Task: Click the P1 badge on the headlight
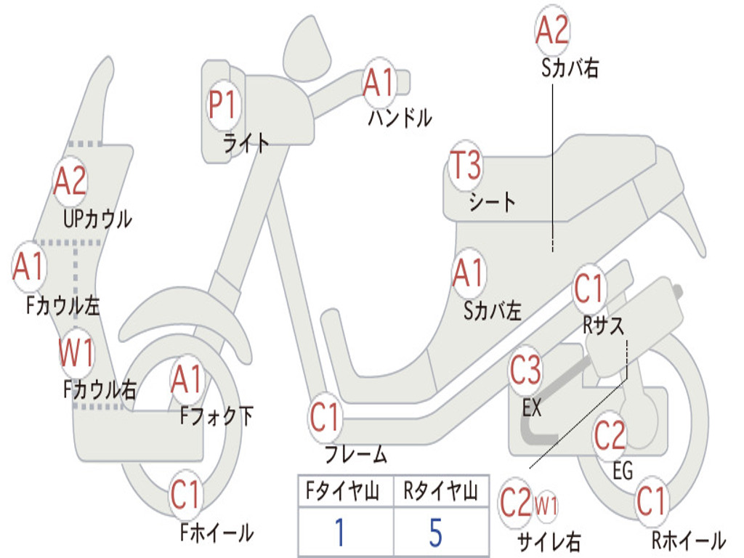click(x=223, y=105)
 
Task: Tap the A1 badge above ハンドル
click(x=379, y=83)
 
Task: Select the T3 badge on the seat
click(x=466, y=165)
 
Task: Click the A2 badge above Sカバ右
click(x=552, y=29)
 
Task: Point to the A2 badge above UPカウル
click(x=70, y=181)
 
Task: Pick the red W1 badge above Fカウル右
click(x=76, y=353)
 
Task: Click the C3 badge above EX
click(x=525, y=371)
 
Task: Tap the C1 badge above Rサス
click(x=589, y=288)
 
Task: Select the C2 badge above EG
click(x=610, y=435)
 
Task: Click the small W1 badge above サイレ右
click(x=546, y=506)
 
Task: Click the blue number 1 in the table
click(x=339, y=532)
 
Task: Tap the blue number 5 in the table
click(x=436, y=532)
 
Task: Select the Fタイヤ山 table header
click(x=343, y=490)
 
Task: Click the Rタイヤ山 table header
click(x=440, y=490)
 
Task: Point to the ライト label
click(x=246, y=142)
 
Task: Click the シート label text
click(x=492, y=202)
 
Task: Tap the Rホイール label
click(x=689, y=540)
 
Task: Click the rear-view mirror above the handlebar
click(x=307, y=50)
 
